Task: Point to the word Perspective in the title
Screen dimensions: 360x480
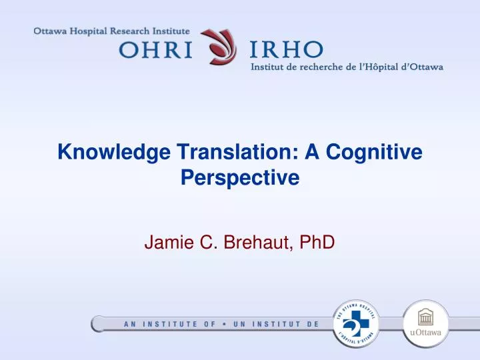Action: tap(239, 178)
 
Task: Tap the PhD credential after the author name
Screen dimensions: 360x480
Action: tap(317, 244)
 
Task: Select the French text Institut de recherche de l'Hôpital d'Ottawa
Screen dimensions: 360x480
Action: tap(347, 67)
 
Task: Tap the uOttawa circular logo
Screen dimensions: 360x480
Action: tap(426, 323)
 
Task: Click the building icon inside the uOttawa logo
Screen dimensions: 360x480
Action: tap(426, 317)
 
